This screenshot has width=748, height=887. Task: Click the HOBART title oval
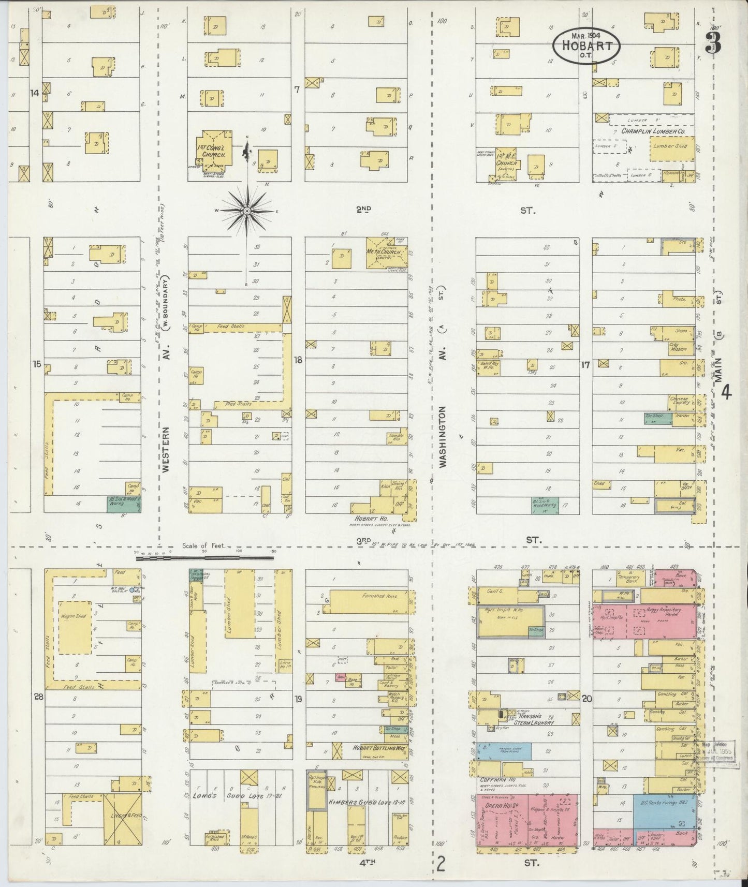tap(586, 45)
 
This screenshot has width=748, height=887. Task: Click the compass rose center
tap(247, 211)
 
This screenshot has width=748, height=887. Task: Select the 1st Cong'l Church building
tap(213, 147)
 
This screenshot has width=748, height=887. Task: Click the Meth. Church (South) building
tap(386, 253)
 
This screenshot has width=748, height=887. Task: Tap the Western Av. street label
tap(166, 449)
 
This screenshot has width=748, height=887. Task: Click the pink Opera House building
tap(526, 823)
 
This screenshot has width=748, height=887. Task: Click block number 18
tap(298, 360)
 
